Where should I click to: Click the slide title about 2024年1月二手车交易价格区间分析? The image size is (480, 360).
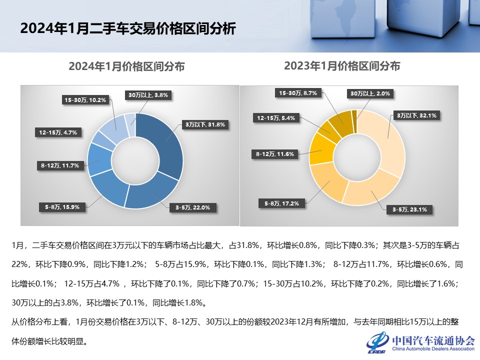point(127,28)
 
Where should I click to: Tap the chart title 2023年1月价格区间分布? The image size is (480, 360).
point(342,65)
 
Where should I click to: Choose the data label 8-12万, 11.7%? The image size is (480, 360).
point(60,165)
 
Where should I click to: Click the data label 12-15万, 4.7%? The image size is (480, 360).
point(58,133)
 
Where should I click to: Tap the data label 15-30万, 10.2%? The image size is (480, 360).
point(85,100)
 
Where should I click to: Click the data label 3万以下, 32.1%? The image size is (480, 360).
point(417,115)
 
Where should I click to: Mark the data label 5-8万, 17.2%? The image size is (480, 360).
point(281,203)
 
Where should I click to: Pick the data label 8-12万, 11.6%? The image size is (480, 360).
point(274,154)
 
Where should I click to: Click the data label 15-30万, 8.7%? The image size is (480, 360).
point(298,93)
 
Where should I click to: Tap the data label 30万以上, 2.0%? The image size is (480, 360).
point(369,93)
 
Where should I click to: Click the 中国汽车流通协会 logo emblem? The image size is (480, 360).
point(377,342)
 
